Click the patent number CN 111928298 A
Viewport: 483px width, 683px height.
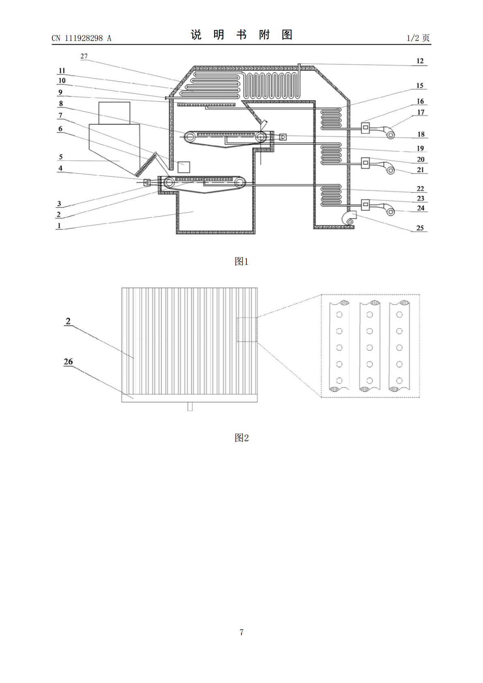point(81,38)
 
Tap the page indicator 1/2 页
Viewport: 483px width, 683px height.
point(418,38)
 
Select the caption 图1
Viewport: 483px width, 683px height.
point(241,261)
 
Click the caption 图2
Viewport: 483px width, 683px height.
point(241,438)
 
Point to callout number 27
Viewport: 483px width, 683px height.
point(84,56)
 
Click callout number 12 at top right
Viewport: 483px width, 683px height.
point(420,61)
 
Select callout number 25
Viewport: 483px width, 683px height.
point(420,228)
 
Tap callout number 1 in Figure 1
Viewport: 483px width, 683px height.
point(59,226)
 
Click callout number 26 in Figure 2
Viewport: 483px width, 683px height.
point(68,362)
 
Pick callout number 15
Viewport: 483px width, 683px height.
point(420,85)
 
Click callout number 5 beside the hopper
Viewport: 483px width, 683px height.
point(61,157)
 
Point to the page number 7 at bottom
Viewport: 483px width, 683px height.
point(241,632)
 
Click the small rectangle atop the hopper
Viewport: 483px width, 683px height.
point(114,113)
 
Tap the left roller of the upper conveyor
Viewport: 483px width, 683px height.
point(190,137)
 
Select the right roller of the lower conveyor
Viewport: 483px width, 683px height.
point(240,183)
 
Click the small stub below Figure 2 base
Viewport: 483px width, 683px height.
point(190,407)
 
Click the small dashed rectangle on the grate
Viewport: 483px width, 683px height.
point(247,330)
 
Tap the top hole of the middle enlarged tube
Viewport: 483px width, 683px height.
point(369,315)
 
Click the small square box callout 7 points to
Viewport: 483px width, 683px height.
point(184,167)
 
